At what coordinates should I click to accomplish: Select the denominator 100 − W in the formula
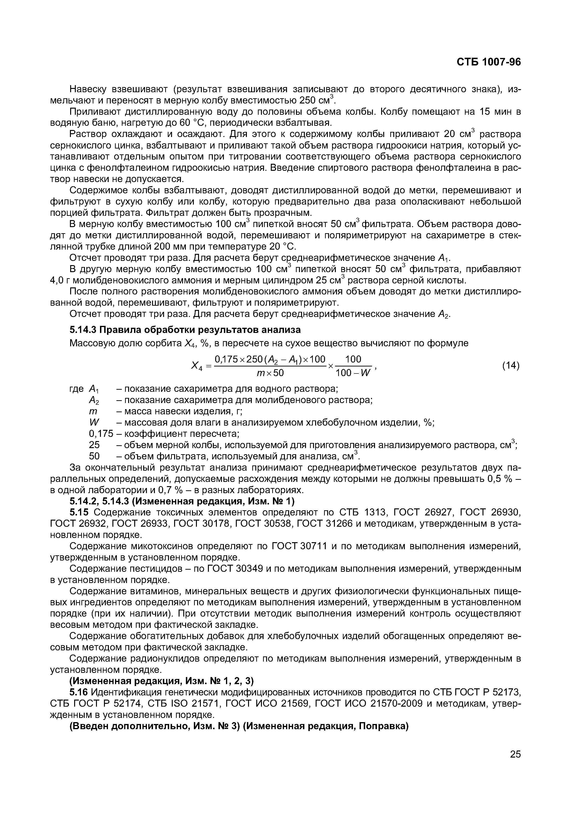(353, 373)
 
